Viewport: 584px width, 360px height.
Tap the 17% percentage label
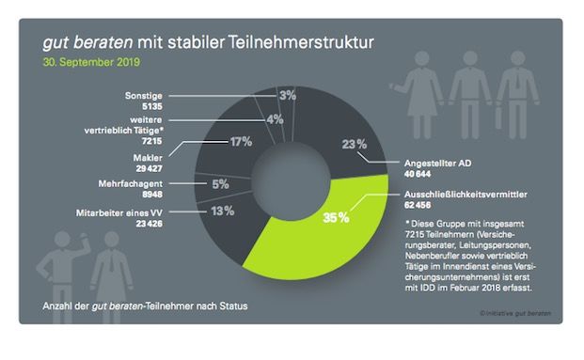point(240,142)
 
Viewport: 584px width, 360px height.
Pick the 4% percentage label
point(275,119)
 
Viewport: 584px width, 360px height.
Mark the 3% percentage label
point(288,96)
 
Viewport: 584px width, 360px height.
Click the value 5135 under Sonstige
point(151,106)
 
